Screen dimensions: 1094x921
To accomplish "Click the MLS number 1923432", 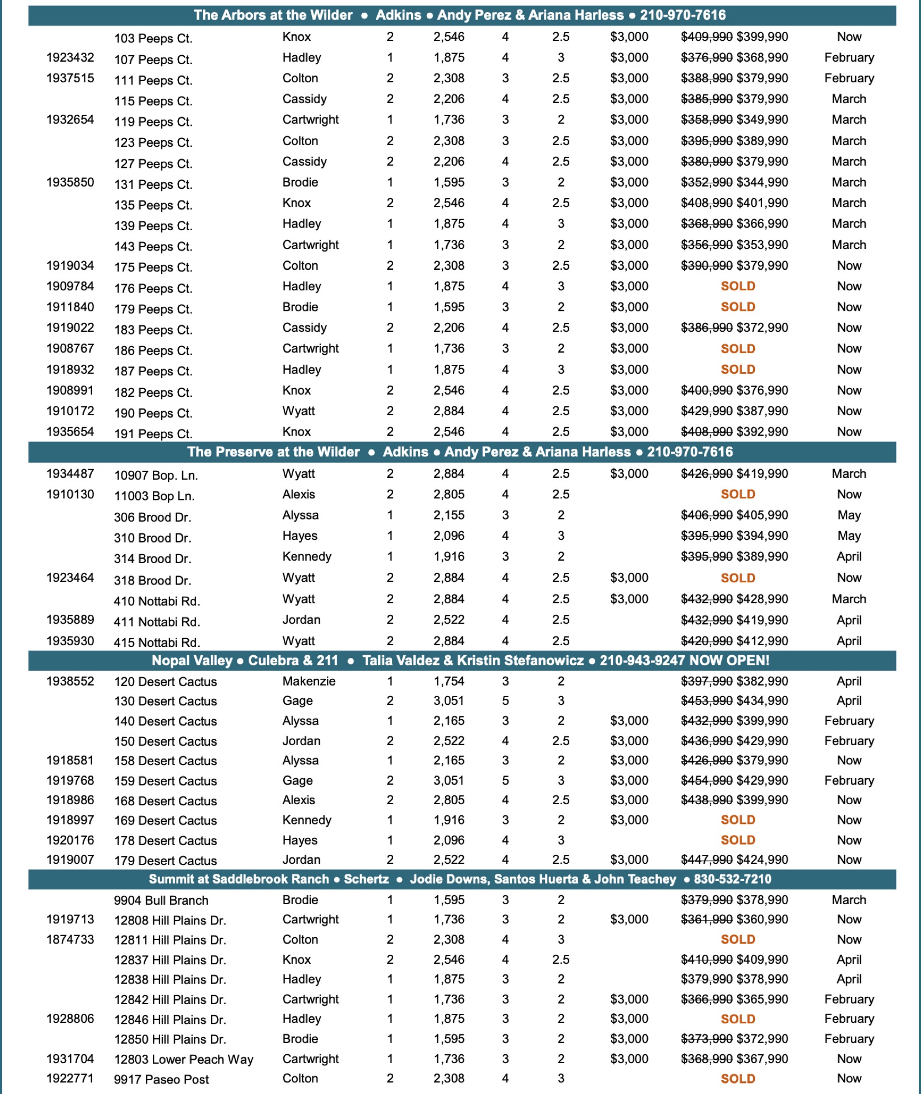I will coord(70,58).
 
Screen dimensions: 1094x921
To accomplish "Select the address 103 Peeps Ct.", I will coord(153,39).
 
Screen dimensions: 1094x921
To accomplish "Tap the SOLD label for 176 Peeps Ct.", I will coord(738,286).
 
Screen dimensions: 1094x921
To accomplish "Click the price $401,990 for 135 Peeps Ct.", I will coord(762,203).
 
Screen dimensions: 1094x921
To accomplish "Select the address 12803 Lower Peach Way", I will coord(183,1059).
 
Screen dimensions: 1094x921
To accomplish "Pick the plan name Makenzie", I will coord(309,681).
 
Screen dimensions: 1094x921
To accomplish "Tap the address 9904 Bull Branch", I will coord(161,900).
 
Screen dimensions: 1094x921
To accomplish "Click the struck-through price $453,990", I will coord(707,701).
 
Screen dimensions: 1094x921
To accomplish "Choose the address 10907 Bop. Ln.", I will coord(156,475).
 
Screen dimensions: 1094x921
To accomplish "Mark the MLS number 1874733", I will coord(70,939).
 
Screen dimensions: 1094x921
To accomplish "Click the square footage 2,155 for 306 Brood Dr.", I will coord(448,516).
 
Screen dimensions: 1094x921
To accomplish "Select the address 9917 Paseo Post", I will coord(161,1079).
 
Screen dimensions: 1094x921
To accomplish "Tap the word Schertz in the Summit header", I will coord(366,879).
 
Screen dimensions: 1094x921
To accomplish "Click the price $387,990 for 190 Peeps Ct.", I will coord(762,411).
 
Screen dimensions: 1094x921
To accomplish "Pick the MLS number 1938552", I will coord(70,681).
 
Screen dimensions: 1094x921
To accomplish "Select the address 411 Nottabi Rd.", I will coord(157,622).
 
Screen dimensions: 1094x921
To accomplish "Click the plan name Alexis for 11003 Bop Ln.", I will coord(299,495).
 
